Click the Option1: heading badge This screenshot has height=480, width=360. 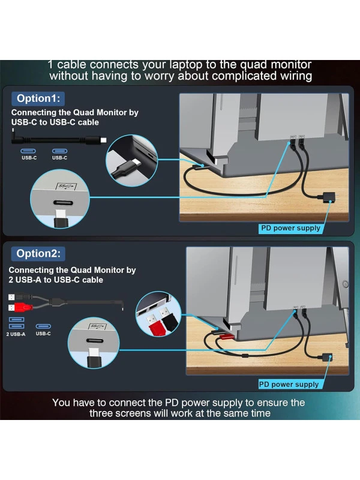click(38, 98)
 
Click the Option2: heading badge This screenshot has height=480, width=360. click(38, 253)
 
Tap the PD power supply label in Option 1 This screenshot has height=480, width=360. click(290, 228)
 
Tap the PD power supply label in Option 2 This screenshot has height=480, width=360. click(289, 384)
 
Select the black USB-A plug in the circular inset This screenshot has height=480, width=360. click(168, 320)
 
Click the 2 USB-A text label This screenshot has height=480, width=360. click(16, 334)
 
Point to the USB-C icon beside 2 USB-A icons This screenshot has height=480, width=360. click(43, 326)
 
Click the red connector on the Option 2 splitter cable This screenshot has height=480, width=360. click(19, 307)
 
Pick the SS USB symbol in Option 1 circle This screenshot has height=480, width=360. click(66, 186)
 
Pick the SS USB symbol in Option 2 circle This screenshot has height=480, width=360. click(97, 326)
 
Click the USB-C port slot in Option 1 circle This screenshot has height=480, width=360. click(63, 203)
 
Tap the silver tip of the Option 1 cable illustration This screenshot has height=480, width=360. click(103, 140)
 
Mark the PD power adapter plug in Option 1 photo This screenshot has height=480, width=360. click(329, 197)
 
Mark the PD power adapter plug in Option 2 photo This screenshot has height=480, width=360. click(326, 357)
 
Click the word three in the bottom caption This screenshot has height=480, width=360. click(104, 413)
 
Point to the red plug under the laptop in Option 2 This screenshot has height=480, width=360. click(226, 337)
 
